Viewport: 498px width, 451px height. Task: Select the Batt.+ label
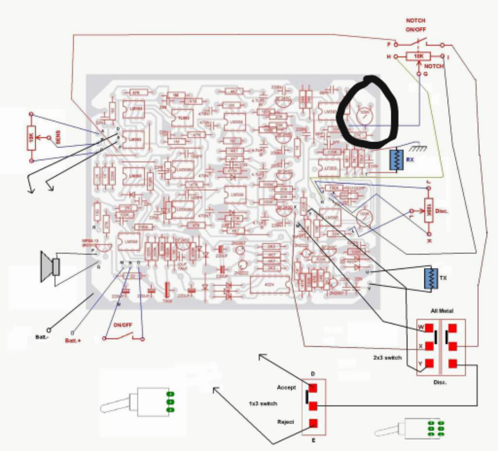72,341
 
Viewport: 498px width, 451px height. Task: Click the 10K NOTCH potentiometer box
418,56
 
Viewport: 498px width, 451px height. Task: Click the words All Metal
442,311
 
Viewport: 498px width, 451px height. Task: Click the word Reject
286,422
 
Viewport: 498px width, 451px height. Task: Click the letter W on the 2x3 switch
421,328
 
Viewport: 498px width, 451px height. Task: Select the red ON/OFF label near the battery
123,325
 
